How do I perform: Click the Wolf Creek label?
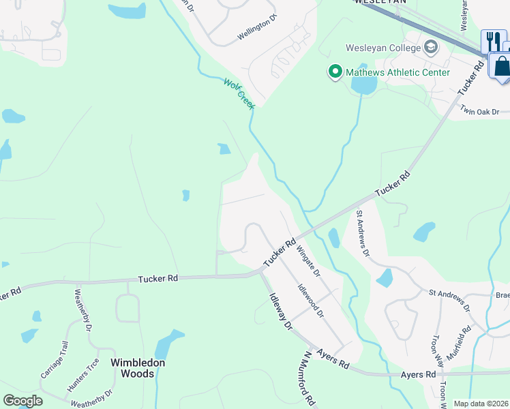pyautogui.click(x=239, y=93)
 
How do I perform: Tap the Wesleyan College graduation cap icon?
pyautogui.click(x=430, y=48)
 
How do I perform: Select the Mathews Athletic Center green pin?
pyautogui.click(x=335, y=72)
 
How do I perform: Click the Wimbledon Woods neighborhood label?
pyautogui.click(x=138, y=368)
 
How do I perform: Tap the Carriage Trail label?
pyautogui.click(x=52, y=362)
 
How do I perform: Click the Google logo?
pyautogui.click(x=22, y=401)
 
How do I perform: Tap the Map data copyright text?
pyautogui.click(x=481, y=404)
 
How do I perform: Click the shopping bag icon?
pyautogui.click(x=501, y=66)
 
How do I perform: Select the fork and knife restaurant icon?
pyautogui.click(x=490, y=41)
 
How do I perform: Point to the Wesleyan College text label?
pyautogui.click(x=385, y=48)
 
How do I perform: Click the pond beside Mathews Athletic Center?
pyautogui.click(x=363, y=85)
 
